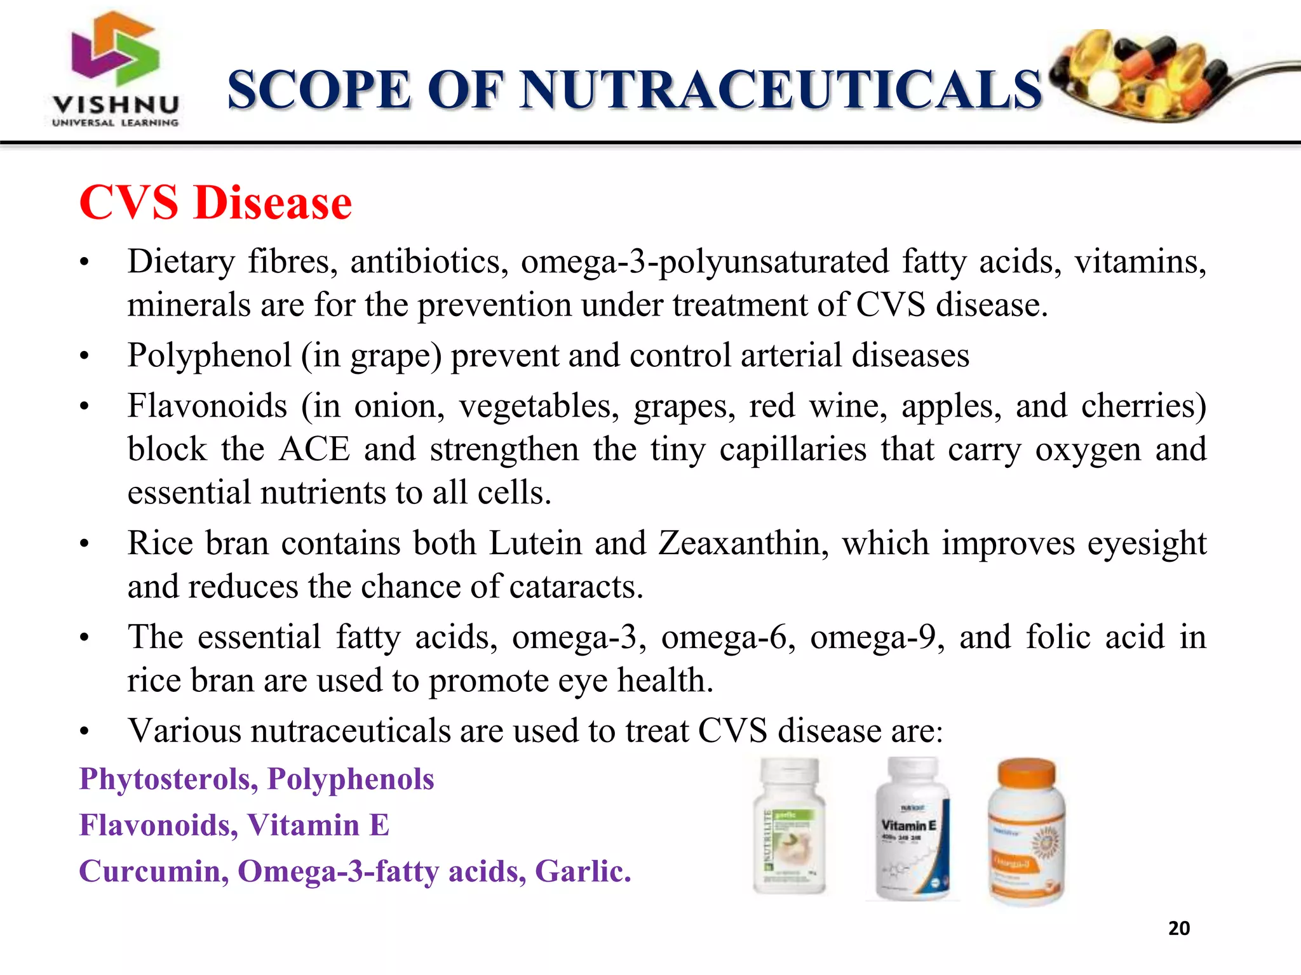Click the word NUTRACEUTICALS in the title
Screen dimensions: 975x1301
(x=781, y=90)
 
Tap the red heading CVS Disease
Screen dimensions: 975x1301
(x=215, y=203)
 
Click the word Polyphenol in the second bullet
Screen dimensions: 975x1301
(x=209, y=355)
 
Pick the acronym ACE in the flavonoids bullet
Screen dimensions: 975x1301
(x=314, y=449)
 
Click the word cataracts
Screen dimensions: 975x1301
(x=576, y=587)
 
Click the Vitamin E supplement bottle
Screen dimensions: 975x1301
(x=913, y=828)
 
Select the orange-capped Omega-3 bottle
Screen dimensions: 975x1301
(x=1026, y=832)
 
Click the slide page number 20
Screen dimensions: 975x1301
(x=1179, y=929)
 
